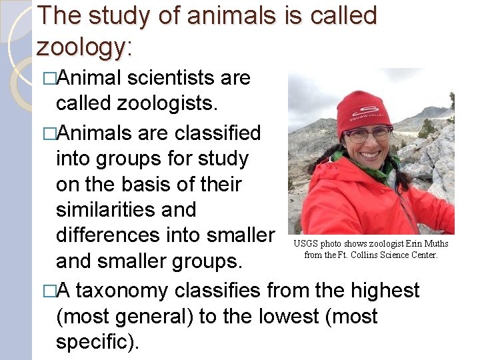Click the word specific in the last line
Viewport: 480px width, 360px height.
click(95, 342)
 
